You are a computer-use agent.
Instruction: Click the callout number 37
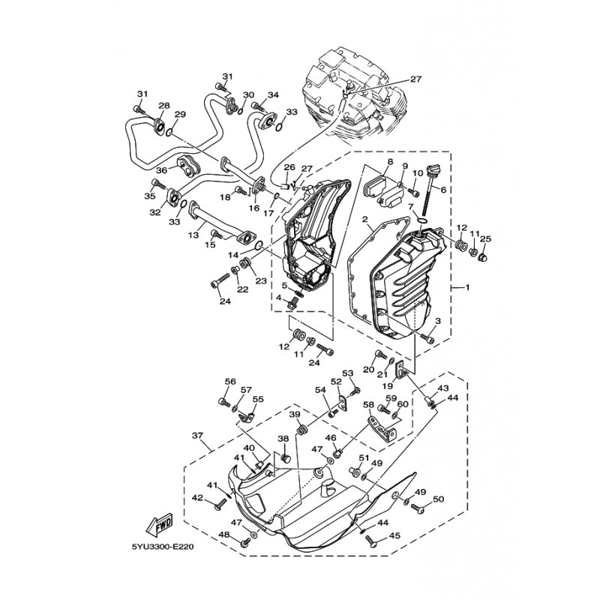(197, 436)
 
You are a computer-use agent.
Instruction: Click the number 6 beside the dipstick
(443, 190)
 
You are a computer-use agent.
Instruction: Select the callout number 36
(160, 171)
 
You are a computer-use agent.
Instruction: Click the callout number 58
(368, 404)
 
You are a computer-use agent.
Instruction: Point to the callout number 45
(396, 536)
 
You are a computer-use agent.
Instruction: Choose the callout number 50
(439, 499)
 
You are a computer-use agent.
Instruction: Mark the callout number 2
(364, 220)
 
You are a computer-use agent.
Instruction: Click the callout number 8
(390, 162)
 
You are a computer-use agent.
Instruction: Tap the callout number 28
(163, 106)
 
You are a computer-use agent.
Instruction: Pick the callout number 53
(347, 373)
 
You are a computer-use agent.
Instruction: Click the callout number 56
(230, 381)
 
